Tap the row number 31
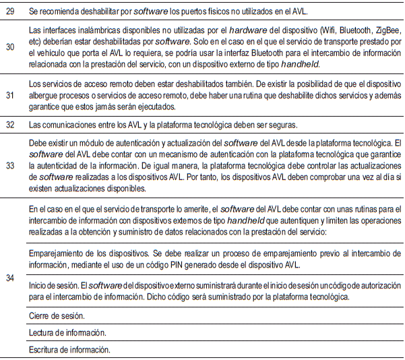[x=10, y=96]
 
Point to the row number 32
[x=10, y=125]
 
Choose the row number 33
[x=10, y=164]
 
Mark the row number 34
[x=10, y=278]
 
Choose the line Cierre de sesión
[x=57, y=316]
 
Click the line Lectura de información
[x=68, y=332]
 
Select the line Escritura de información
[x=69, y=350]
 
